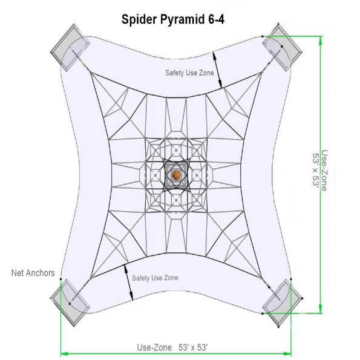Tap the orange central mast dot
tap(175, 175)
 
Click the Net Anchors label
tap(33, 273)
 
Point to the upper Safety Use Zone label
tap(189, 73)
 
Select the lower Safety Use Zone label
tap(155, 278)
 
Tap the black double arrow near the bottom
tap(128, 281)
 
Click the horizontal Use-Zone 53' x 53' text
tap(172, 348)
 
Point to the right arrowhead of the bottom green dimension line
tap(287, 353)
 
